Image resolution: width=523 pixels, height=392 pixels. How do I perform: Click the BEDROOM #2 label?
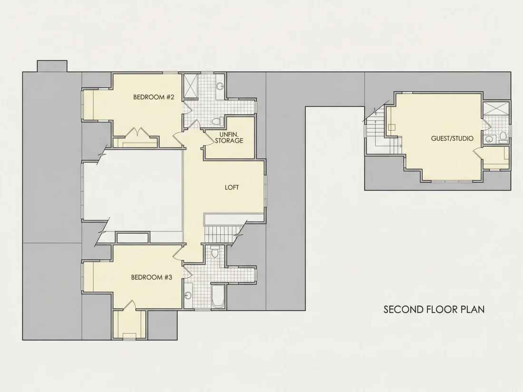154,97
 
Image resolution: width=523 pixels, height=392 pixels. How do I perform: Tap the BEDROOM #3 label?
151,277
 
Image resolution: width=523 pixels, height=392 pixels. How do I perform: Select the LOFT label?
232,187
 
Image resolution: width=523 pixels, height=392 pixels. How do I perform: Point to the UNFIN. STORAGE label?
229,137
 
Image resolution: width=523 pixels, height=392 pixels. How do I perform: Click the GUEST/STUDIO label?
452,138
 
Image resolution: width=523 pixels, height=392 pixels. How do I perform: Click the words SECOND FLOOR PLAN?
434,309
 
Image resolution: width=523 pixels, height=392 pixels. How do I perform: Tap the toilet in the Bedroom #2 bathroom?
217,121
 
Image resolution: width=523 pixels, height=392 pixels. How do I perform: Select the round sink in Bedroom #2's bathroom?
220,86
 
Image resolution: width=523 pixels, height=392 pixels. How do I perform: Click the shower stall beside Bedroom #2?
191,86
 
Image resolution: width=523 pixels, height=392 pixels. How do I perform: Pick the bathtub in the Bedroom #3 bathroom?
218,296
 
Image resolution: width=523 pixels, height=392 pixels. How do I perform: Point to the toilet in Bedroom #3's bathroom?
215,252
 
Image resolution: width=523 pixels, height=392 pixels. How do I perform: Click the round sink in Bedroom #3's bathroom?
188,296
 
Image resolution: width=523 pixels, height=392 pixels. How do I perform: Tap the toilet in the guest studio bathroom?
503,137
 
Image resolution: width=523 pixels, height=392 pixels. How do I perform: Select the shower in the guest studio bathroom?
495,108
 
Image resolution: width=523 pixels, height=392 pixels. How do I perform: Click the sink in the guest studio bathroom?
489,139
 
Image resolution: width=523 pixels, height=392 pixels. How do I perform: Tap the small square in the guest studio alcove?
392,127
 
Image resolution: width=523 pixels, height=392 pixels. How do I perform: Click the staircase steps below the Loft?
221,234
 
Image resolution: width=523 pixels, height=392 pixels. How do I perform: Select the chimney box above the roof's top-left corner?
52,66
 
